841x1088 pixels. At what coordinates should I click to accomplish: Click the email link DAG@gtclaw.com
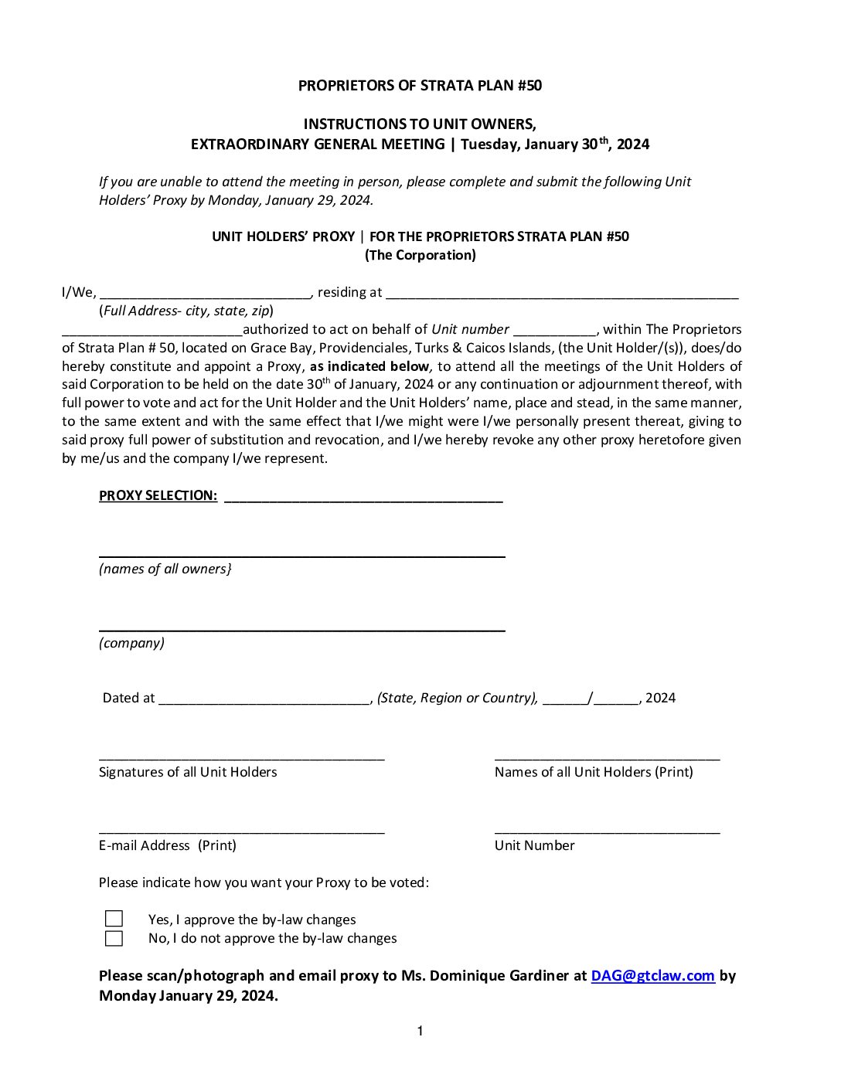652,976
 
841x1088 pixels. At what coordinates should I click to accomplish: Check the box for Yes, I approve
114,919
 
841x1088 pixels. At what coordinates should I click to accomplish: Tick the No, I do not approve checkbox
114,939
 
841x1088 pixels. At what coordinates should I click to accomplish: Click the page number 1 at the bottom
420,1031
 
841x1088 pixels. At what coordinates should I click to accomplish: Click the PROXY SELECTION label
158,495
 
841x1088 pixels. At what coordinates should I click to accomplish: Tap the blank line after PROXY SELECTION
363,500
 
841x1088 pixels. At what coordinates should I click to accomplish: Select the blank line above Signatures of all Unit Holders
241,759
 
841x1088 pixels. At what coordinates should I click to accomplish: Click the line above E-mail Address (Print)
241,832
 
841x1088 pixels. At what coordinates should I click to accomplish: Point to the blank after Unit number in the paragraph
554,333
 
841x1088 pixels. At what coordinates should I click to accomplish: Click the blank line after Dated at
265,702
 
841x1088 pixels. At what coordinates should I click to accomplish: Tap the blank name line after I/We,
205,296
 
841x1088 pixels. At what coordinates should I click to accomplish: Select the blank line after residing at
562,296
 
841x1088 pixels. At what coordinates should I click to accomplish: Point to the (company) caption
131,643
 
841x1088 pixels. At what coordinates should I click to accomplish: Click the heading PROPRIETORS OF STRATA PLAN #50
420,86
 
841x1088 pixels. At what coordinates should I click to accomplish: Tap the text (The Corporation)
420,255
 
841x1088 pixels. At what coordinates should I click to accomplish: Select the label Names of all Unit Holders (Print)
594,772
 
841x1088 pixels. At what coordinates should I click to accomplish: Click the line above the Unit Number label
607,832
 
